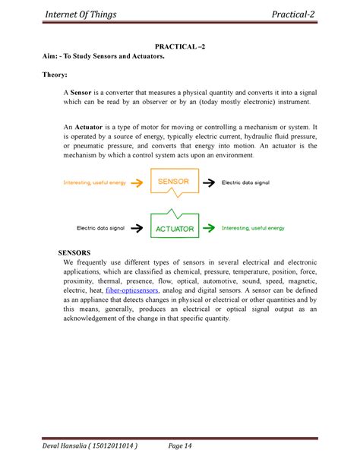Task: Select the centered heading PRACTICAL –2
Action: pos(180,47)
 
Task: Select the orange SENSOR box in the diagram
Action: pos(179,182)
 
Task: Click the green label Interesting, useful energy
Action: pos(253,227)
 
